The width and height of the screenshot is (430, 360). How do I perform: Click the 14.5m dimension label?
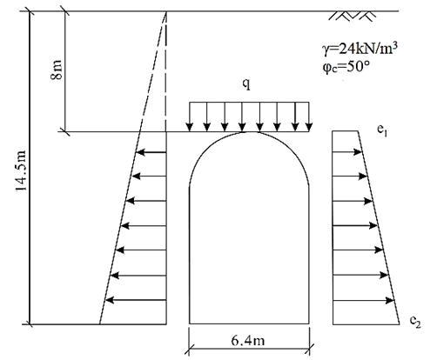click(21, 170)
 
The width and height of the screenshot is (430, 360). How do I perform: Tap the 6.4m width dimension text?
click(248, 340)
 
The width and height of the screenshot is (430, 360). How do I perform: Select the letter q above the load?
click(246, 83)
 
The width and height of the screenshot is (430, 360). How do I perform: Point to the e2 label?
click(415, 321)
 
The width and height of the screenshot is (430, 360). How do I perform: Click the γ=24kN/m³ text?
click(359, 49)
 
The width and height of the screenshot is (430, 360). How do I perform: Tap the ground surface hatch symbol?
click(353, 16)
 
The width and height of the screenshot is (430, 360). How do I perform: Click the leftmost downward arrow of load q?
click(190, 117)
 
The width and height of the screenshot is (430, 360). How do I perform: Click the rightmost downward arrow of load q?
click(309, 117)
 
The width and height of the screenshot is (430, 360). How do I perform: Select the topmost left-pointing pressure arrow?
click(151, 152)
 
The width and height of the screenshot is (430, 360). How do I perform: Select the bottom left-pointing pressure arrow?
click(136, 300)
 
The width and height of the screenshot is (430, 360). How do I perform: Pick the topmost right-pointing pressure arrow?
click(347, 151)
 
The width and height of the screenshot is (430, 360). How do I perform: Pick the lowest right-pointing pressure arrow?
click(363, 301)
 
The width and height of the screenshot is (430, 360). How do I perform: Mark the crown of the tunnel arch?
click(249, 132)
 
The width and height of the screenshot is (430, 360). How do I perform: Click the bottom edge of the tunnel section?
click(249, 323)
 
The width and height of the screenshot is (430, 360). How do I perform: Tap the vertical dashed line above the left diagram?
click(166, 71)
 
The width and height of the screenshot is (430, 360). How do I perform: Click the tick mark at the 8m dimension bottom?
click(64, 132)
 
